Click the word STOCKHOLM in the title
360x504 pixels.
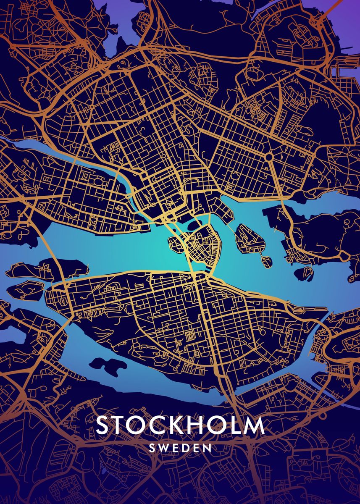pyautogui.click(x=180, y=425)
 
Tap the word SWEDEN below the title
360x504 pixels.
pyautogui.click(x=180, y=448)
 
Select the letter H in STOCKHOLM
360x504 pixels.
pyautogui.click(x=205, y=425)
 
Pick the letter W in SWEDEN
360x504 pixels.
pyautogui.click(x=164, y=448)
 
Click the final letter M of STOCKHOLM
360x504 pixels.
pyautogui.click(x=255, y=425)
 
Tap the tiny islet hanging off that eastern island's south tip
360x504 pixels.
pyautogui.click(x=265, y=262)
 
